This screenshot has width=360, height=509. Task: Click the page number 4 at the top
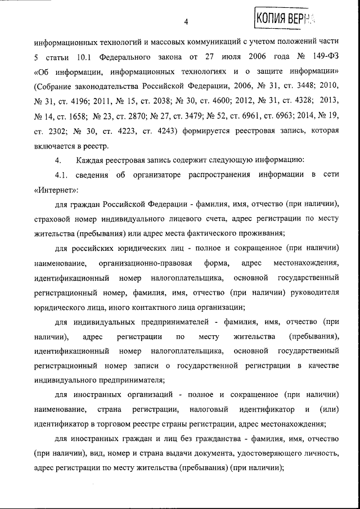[x=185, y=22]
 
